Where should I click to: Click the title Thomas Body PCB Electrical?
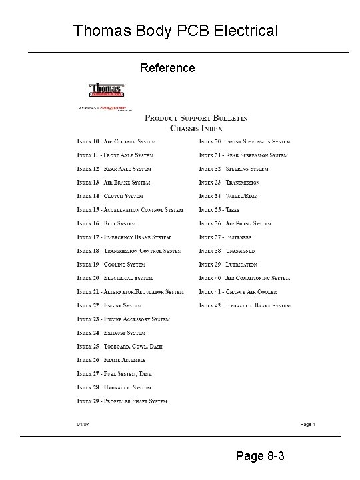(175, 31)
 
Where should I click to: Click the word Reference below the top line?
(167, 68)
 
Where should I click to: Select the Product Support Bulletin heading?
(196, 118)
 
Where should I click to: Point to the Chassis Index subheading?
(196, 127)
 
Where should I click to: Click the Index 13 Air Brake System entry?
(113, 183)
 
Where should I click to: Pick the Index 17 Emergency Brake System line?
(123, 237)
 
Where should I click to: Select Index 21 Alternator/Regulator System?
(130, 292)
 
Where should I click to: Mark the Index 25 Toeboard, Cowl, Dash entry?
(119, 347)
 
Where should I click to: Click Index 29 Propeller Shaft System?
(122, 401)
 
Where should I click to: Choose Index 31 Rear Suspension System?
(243, 155)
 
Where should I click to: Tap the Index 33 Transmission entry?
(229, 183)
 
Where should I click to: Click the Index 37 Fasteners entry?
(225, 237)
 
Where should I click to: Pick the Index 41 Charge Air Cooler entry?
(238, 292)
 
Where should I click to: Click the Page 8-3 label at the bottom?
(261, 457)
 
